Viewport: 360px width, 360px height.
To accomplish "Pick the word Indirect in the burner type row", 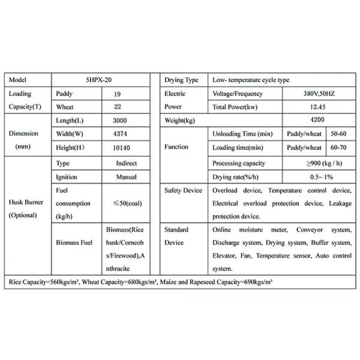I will pyautogui.click(x=126, y=163).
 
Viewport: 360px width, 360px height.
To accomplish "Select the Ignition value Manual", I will pyautogui.click(x=125, y=177).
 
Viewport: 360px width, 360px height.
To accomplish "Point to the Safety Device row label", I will pyautogui.click(x=184, y=190).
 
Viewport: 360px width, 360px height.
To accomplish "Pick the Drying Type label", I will pyautogui.click(x=181, y=80).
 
